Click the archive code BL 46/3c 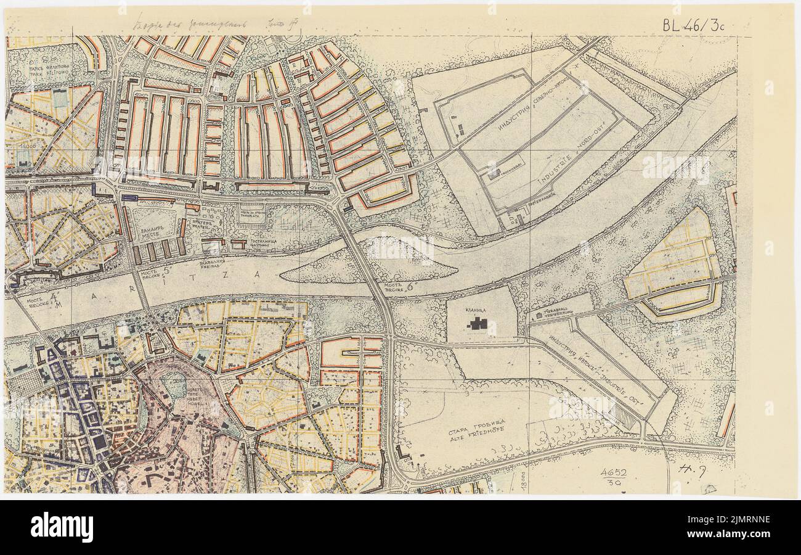[x=693, y=25]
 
